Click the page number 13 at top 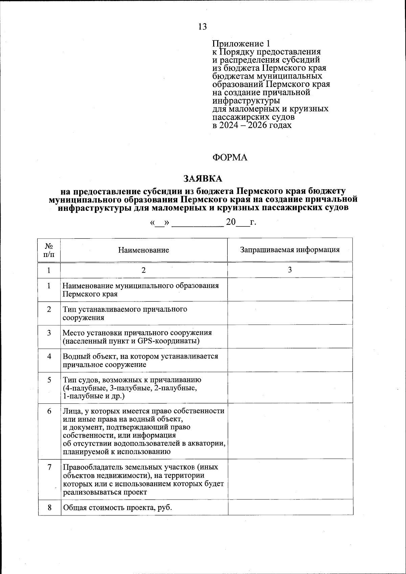point(202,26)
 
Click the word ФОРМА point(230,158)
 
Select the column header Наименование point(144,250)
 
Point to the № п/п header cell point(49,250)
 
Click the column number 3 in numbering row point(290,270)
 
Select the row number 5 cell point(49,380)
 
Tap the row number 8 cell point(49,508)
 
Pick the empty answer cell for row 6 point(290,431)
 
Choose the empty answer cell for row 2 point(290,313)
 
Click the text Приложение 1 point(241,44)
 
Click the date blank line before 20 point(198,223)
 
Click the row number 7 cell point(49,467)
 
